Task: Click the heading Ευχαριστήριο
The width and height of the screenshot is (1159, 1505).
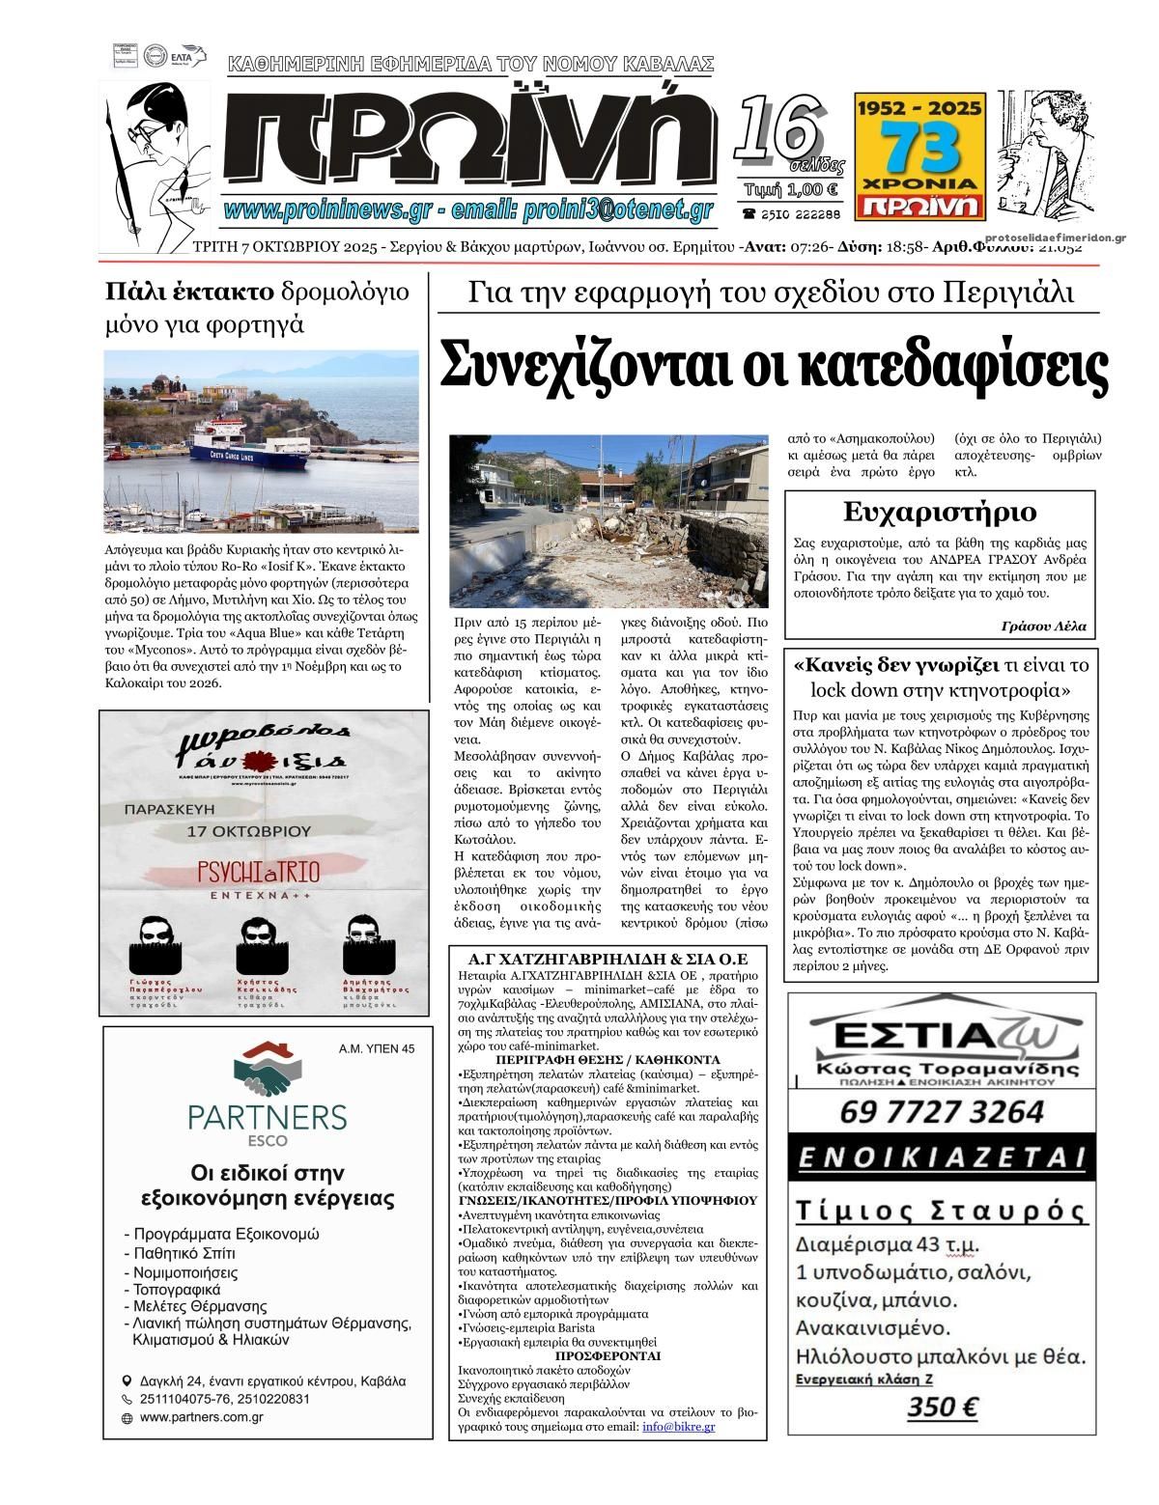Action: coord(939,511)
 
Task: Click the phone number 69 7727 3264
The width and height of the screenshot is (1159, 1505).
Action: coord(941,1111)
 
